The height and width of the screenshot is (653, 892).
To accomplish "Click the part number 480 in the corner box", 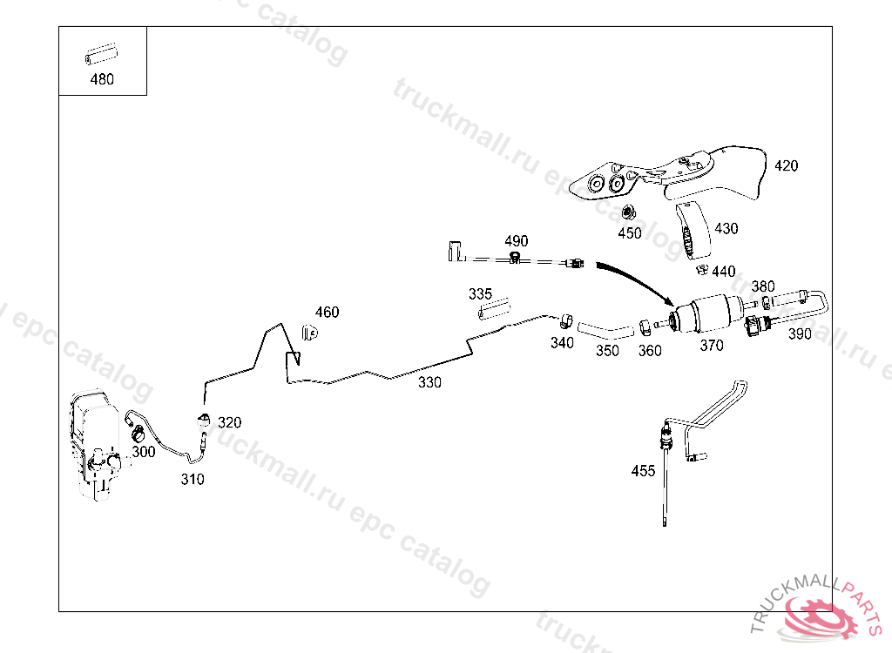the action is tap(102, 79).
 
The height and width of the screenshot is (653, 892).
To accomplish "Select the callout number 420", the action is tap(786, 165).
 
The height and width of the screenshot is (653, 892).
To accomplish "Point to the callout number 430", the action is tap(726, 228).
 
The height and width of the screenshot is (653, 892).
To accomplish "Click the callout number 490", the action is tap(516, 241).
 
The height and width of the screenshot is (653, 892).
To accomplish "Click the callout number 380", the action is tap(762, 286).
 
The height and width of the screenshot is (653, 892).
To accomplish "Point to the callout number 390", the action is tap(799, 333).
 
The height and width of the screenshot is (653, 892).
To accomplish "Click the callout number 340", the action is tap(562, 343).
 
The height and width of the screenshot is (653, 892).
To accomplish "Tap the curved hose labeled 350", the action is tap(605, 331).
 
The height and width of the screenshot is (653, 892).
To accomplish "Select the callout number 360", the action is tap(650, 350).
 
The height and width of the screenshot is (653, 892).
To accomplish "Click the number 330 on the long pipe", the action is tap(429, 381).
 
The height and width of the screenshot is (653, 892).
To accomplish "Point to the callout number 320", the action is tap(229, 422).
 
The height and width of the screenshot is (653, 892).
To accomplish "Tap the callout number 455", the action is tap(643, 471).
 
